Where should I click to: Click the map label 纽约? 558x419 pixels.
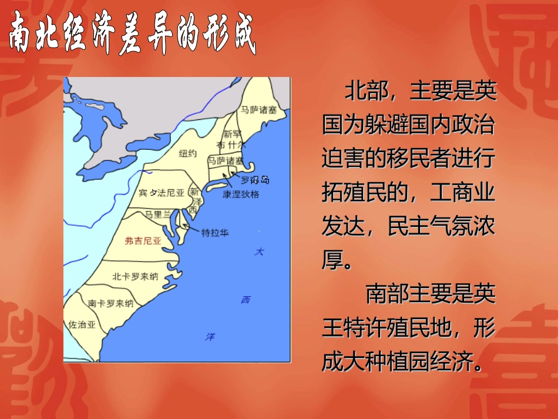[187, 154]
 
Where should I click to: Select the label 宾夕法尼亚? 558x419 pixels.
[162, 193]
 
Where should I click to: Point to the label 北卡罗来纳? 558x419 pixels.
[135, 276]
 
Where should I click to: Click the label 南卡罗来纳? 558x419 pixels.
[110, 304]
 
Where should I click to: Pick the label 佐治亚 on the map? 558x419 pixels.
[82, 324]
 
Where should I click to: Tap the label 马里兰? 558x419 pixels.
[158, 214]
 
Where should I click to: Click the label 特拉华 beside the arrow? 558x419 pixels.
[215, 232]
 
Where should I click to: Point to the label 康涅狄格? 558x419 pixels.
[240, 194]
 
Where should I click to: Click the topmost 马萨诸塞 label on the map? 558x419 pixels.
[259, 109]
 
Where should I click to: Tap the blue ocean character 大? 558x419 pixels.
[259, 252]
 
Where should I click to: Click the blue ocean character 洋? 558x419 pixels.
[210, 336]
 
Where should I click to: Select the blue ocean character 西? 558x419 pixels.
[246, 300]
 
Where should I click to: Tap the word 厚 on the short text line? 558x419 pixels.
[332, 260]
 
